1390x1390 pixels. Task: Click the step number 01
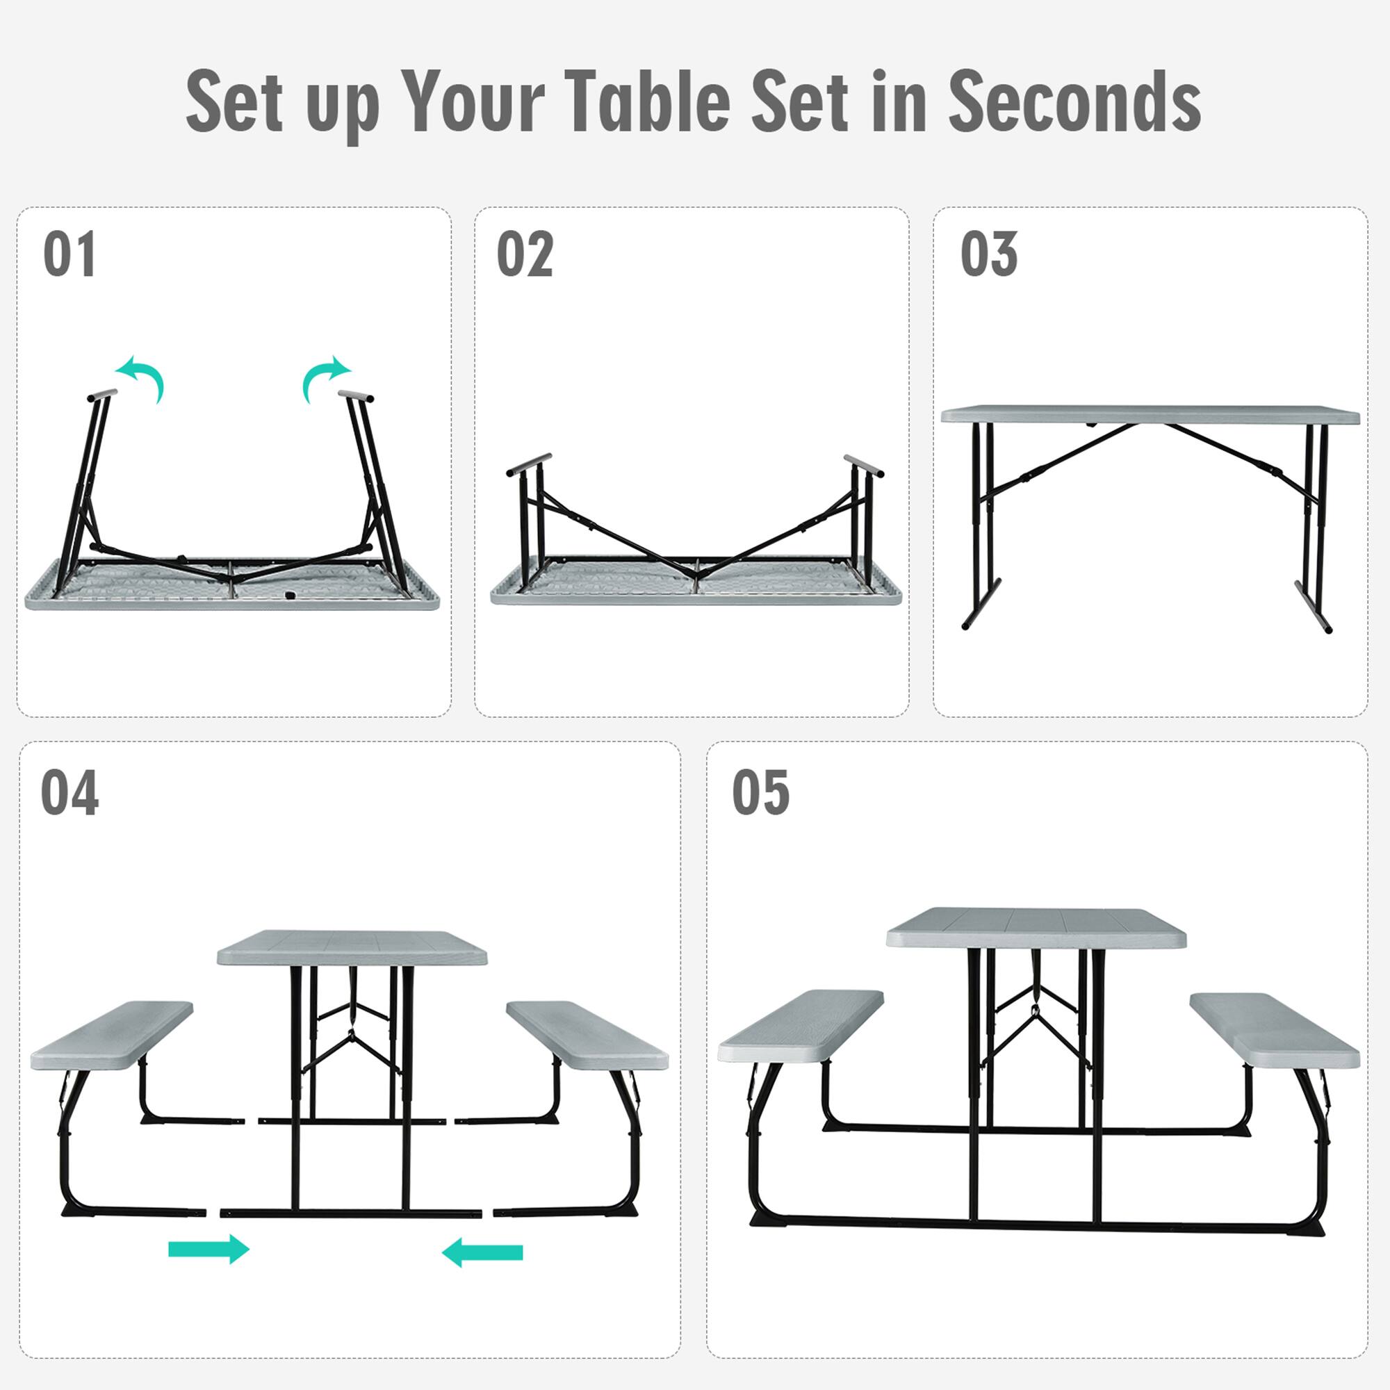(x=69, y=254)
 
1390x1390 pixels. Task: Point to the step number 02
(x=525, y=254)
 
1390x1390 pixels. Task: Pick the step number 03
(x=988, y=254)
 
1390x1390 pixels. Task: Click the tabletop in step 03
(x=1150, y=415)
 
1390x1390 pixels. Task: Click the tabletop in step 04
(x=352, y=948)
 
